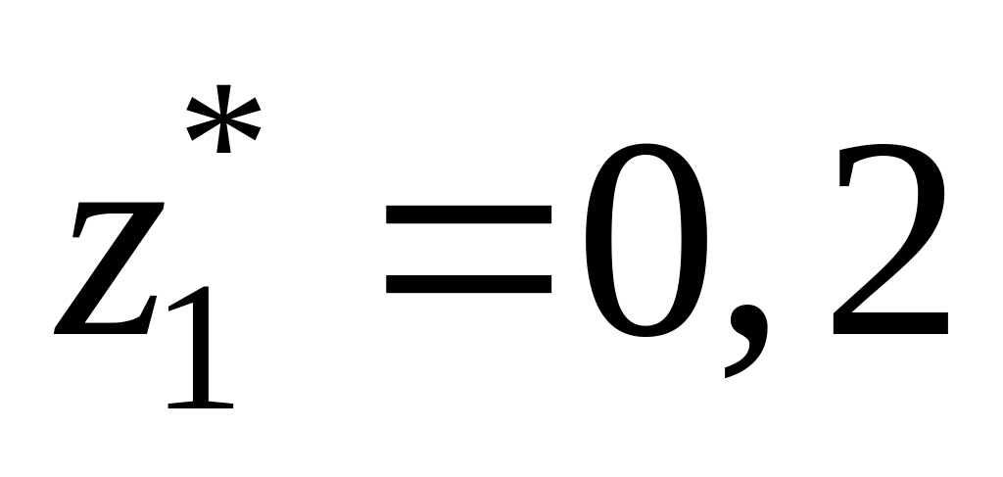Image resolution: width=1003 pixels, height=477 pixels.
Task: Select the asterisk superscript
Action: coord(224,118)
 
